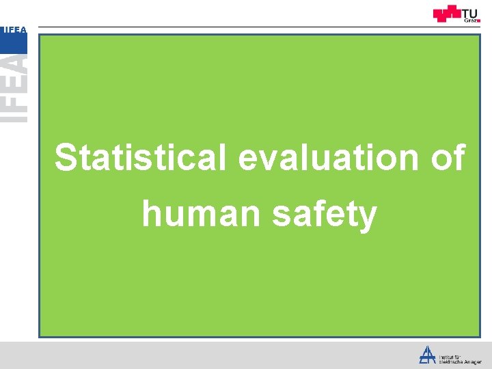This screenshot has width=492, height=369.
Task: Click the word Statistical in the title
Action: (140, 158)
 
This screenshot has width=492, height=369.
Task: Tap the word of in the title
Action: (449, 158)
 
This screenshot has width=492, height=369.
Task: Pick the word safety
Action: (325, 215)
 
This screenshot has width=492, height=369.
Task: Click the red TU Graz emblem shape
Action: (448, 14)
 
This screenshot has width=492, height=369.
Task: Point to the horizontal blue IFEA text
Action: (14, 29)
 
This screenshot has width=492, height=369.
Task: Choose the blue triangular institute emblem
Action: (428, 355)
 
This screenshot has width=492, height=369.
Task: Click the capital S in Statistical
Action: (66, 158)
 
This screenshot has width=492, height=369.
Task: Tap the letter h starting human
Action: (151, 214)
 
